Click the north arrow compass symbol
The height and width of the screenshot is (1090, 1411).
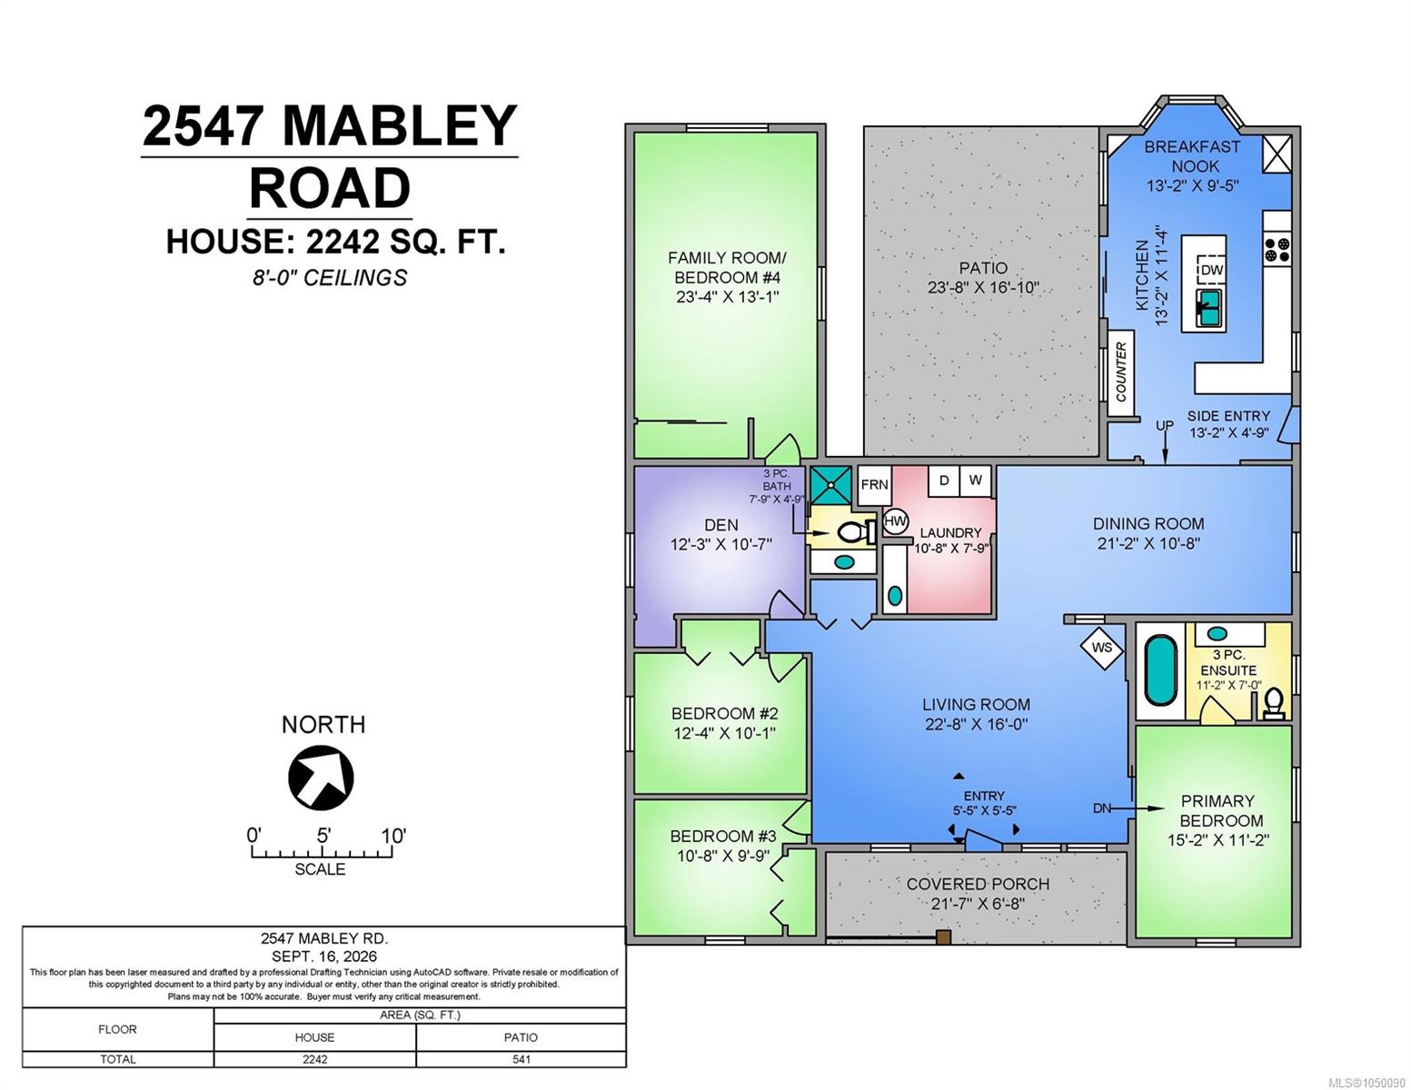coord(321,778)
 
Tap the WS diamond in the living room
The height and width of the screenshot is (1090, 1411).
coord(1101,648)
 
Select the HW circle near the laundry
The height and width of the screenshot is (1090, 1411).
coord(896,520)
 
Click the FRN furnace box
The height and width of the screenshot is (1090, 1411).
coord(874,484)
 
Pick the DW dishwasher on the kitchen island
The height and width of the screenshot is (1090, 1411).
coord(1212,270)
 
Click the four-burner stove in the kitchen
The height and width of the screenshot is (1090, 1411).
coord(1277,251)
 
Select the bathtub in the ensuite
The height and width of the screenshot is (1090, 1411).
coord(1160,670)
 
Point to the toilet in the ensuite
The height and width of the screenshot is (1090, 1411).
coord(1274,703)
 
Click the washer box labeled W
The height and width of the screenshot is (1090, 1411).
coord(975,481)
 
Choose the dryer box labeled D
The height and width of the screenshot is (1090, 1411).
coord(944,481)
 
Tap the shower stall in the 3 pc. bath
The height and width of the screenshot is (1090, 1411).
coord(830,485)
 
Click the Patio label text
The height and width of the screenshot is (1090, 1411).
coord(983,267)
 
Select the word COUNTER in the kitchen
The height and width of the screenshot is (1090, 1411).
coord(1121,372)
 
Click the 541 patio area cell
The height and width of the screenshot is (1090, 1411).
coord(521,1059)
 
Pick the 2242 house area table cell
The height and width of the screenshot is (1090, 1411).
coord(315,1059)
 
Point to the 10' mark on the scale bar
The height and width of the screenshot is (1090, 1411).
coord(392,836)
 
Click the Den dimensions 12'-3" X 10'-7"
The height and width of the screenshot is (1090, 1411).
coord(720,544)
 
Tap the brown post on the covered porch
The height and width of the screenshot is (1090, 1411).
coord(943,936)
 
